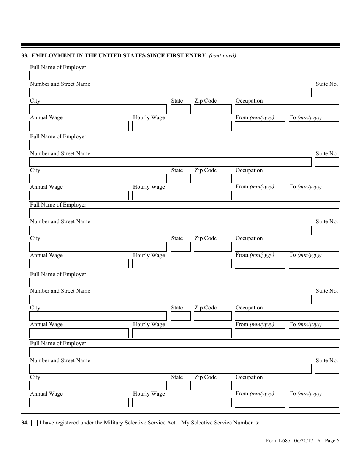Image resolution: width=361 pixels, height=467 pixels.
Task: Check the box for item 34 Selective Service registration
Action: [x=34, y=423]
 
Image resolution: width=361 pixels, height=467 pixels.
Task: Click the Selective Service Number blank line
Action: [x=301, y=423]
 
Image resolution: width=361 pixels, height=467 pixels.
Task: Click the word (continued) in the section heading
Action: [x=222, y=55]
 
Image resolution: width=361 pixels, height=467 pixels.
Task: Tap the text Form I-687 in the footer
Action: [x=278, y=441]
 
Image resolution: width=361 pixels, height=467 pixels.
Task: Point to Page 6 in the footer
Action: [x=332, y=441]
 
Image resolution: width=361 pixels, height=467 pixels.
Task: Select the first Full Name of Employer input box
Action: [x=184, y=76]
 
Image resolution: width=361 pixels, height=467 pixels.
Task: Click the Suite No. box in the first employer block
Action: [x=327, y=93]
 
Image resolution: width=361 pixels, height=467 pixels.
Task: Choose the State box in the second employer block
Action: [x=180, y=179]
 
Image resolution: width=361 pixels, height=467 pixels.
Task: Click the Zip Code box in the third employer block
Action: [x=212, y=247]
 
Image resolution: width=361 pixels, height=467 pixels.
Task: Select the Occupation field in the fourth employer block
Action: [x=287, y=316]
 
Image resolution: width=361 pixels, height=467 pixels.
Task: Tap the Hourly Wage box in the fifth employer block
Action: [x=182, y=402]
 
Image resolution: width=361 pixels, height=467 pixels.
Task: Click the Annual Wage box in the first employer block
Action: [x=79, y=126]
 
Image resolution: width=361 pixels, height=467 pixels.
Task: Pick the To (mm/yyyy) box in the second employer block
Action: [x=314, y=196]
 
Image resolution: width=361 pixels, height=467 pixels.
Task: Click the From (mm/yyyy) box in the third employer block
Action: [x=260, y=264]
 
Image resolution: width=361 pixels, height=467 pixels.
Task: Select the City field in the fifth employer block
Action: [x=98, y=386]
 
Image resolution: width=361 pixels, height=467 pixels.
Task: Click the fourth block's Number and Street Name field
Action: [x=170, y=300]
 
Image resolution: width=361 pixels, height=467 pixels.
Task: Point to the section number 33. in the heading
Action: [x=25, y=55]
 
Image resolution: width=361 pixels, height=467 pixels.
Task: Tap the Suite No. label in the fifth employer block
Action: [x=327, y=360]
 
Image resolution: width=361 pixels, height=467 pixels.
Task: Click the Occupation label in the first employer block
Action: [x=249, y=101]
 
